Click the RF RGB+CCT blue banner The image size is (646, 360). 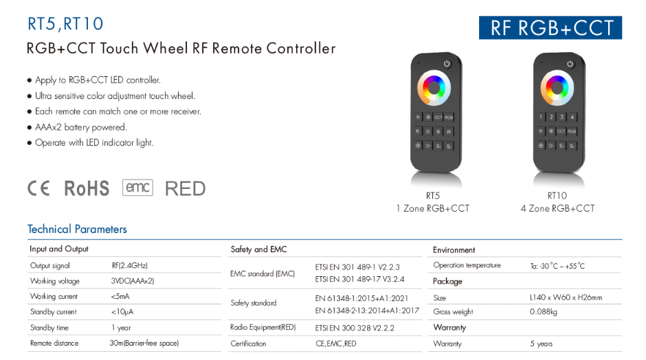[x=550, y=27]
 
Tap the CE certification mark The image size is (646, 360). [x=38, y=188]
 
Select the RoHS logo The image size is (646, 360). [x=87, y=189]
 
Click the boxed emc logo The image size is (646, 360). [x=137, y=188]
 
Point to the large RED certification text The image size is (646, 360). [x=185, y=189]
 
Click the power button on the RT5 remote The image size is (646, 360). [x=447, y=64]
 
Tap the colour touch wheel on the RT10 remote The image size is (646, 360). [x=557, y=88]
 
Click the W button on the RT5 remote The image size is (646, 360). [x=449, y=132]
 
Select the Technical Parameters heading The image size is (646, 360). [x=77, y=229]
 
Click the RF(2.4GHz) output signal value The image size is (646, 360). [x=129, y=265]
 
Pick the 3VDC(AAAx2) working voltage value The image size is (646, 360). [x=132, y=281]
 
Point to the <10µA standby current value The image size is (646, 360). [x=122, y=312]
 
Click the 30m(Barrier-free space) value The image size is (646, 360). [x=144, y=343]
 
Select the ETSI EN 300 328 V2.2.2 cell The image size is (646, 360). [x=355, y=328]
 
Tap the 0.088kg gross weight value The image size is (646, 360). [x=544, y=312]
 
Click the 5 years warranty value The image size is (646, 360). [x=542, y=344]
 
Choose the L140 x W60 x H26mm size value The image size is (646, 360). [x=566, y=297]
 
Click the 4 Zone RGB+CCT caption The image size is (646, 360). [x=557, y=208]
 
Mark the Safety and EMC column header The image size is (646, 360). [x=258, y=249]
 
